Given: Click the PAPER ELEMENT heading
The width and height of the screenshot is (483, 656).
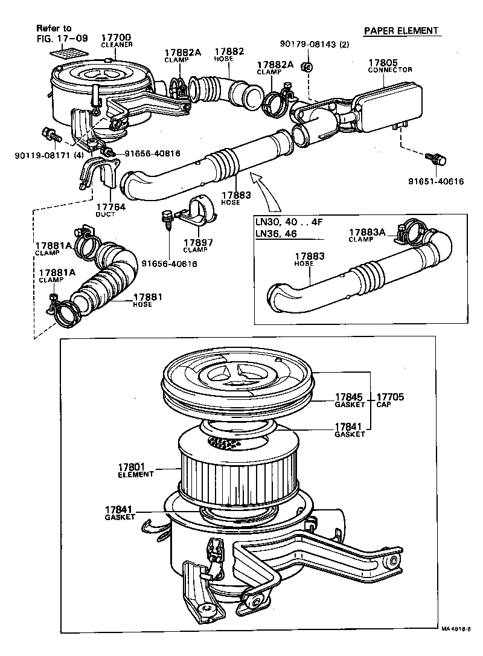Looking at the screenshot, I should (x=401, y=31).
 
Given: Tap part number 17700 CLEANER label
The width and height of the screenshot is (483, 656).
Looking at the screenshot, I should (x=117, y=39).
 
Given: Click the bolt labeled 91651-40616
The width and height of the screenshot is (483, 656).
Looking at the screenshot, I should (x=436, y=159).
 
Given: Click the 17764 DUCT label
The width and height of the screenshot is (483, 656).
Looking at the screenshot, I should (x=110, y=210).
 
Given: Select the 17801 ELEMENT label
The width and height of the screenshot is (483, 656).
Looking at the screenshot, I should (x=136, y=469).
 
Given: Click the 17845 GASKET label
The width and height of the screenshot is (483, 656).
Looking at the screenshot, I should (x=350, y=400).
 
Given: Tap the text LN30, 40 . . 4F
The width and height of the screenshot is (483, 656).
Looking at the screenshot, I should (x=289, y=222).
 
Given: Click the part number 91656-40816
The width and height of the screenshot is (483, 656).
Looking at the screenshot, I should (x=152, y=153).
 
